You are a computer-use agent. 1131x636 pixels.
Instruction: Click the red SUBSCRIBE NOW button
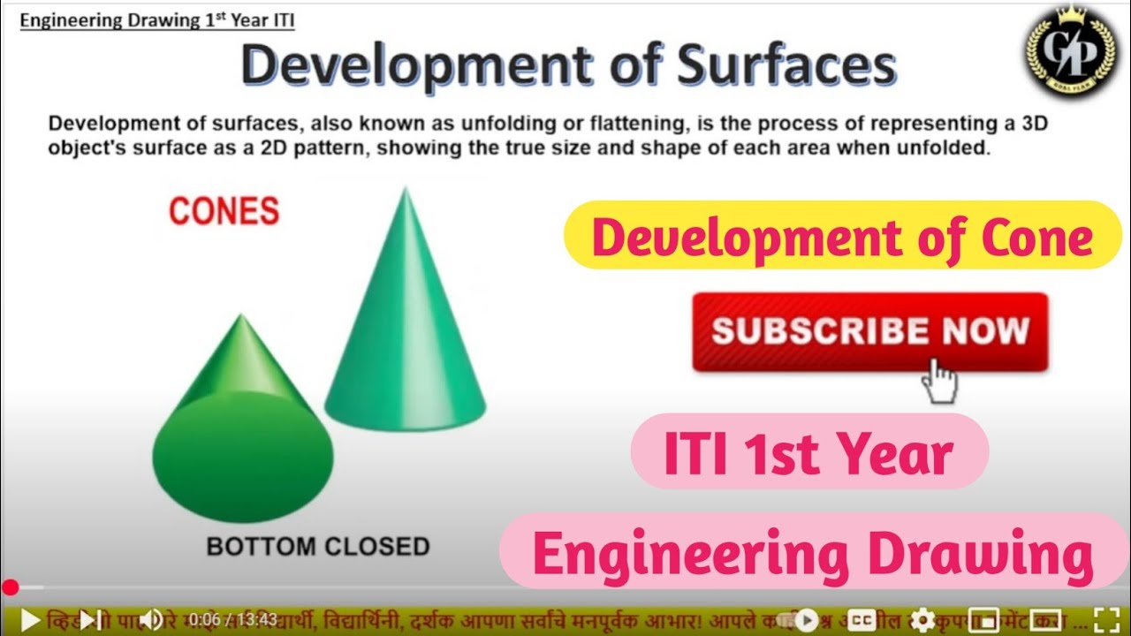tap(869, 331)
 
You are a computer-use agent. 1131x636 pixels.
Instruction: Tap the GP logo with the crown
tap(1072, 54)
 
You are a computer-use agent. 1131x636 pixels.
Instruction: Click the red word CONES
tap(224, 211)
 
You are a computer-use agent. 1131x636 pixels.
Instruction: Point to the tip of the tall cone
tap(405, 191)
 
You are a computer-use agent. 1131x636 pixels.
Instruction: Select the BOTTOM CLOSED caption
tap(318, 546)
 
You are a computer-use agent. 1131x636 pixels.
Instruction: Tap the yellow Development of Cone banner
tap(842, 236)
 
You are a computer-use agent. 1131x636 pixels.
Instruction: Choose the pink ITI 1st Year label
tap(808, 452)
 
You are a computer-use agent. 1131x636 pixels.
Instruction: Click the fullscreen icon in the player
tap(1106, 619)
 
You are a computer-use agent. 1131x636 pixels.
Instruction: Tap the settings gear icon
tap(923, 619)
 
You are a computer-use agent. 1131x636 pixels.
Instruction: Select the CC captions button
tap(862, 619)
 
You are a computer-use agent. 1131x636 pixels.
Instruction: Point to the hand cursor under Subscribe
tap(939, 382)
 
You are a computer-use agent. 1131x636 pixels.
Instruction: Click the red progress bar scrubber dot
tap(10, 588)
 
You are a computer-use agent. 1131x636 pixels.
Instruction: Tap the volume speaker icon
tap(150, 619)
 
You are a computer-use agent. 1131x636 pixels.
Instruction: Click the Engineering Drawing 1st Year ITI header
tap(157, 20)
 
